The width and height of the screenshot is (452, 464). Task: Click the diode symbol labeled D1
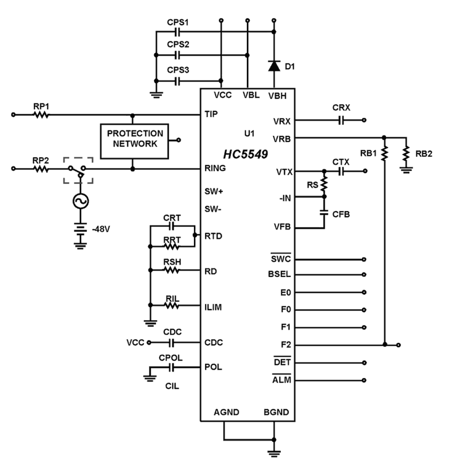(x=274, y=66)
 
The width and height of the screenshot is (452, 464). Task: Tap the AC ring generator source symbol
(x=80, y=201)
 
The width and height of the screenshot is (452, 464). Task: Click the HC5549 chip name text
(x=245, y=154)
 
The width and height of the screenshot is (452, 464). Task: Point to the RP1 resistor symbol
(x=41, y=115)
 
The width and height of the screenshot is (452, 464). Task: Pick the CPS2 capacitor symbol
(x=177, y=55)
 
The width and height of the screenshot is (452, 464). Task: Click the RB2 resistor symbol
(x=406, y=154)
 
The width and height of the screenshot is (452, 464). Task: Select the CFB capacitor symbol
(x=324, y=213)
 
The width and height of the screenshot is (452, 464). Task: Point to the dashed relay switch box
(x=78, y=170)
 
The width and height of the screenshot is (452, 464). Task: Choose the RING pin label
(x=215, y=168)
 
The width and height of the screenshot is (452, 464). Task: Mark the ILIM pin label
(x=213, y=307)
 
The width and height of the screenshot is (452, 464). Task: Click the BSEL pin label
(x=279, y=274)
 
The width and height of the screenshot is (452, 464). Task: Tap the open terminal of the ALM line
(x=364, y=380)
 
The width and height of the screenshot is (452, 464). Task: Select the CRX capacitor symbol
(x=342, y=120)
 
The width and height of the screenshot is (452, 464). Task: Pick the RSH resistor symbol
(x=172, y=270)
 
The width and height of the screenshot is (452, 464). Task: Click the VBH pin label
(x=277, y=96)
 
